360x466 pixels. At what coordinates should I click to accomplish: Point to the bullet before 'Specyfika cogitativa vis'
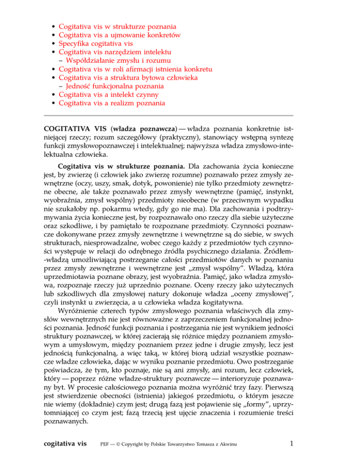(54, 44)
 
